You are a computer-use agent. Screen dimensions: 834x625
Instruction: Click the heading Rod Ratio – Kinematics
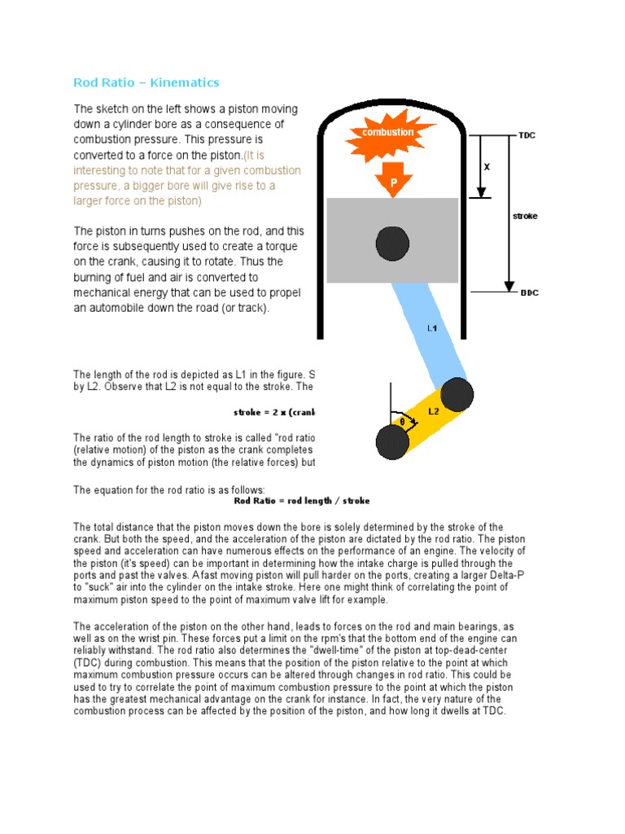pos(146,82)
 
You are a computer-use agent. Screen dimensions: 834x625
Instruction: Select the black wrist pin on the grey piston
pos(392,242)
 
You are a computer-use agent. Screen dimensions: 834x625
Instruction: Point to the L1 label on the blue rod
pos(433,329)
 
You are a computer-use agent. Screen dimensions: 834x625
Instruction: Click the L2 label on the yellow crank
pos(434,411)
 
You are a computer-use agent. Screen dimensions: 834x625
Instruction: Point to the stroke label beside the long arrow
pos(525,217)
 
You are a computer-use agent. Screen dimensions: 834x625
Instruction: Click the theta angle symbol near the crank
pos(401,422)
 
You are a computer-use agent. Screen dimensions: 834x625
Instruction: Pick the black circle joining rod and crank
pos(457,395)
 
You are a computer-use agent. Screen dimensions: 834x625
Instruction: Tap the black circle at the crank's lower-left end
pos(392,441)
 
